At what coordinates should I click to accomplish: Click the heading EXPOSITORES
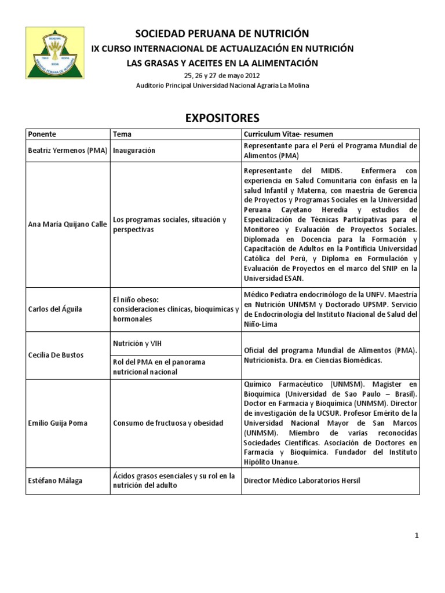pos(222,119)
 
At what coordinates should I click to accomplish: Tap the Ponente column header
pos(42,134)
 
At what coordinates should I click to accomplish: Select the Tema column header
pos(122,134)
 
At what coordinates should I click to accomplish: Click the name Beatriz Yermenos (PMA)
pos(67,151)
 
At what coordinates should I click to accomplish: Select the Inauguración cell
pos(134,151)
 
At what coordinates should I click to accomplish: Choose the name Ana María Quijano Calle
pos(67,225)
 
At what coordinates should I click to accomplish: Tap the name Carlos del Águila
pos(55,309)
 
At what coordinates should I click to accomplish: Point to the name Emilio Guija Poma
pos(57,423)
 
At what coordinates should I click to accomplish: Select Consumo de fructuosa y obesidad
pos(168,423)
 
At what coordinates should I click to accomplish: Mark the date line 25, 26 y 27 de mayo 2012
pos(222,76)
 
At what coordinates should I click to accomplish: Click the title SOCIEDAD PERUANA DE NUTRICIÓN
pos(222,34)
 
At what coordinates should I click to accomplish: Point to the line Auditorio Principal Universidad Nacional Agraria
pos(222,86)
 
